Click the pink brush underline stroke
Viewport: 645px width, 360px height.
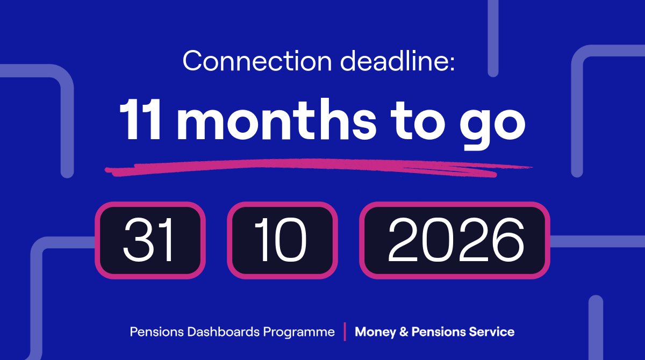(317, 167)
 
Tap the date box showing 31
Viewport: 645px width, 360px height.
(150, 240)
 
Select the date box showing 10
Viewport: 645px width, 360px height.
(282, 240)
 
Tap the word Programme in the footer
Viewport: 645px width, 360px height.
(299, 332)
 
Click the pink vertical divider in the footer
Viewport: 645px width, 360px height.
(345, 332)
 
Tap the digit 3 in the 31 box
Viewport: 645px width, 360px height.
(138, 240)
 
